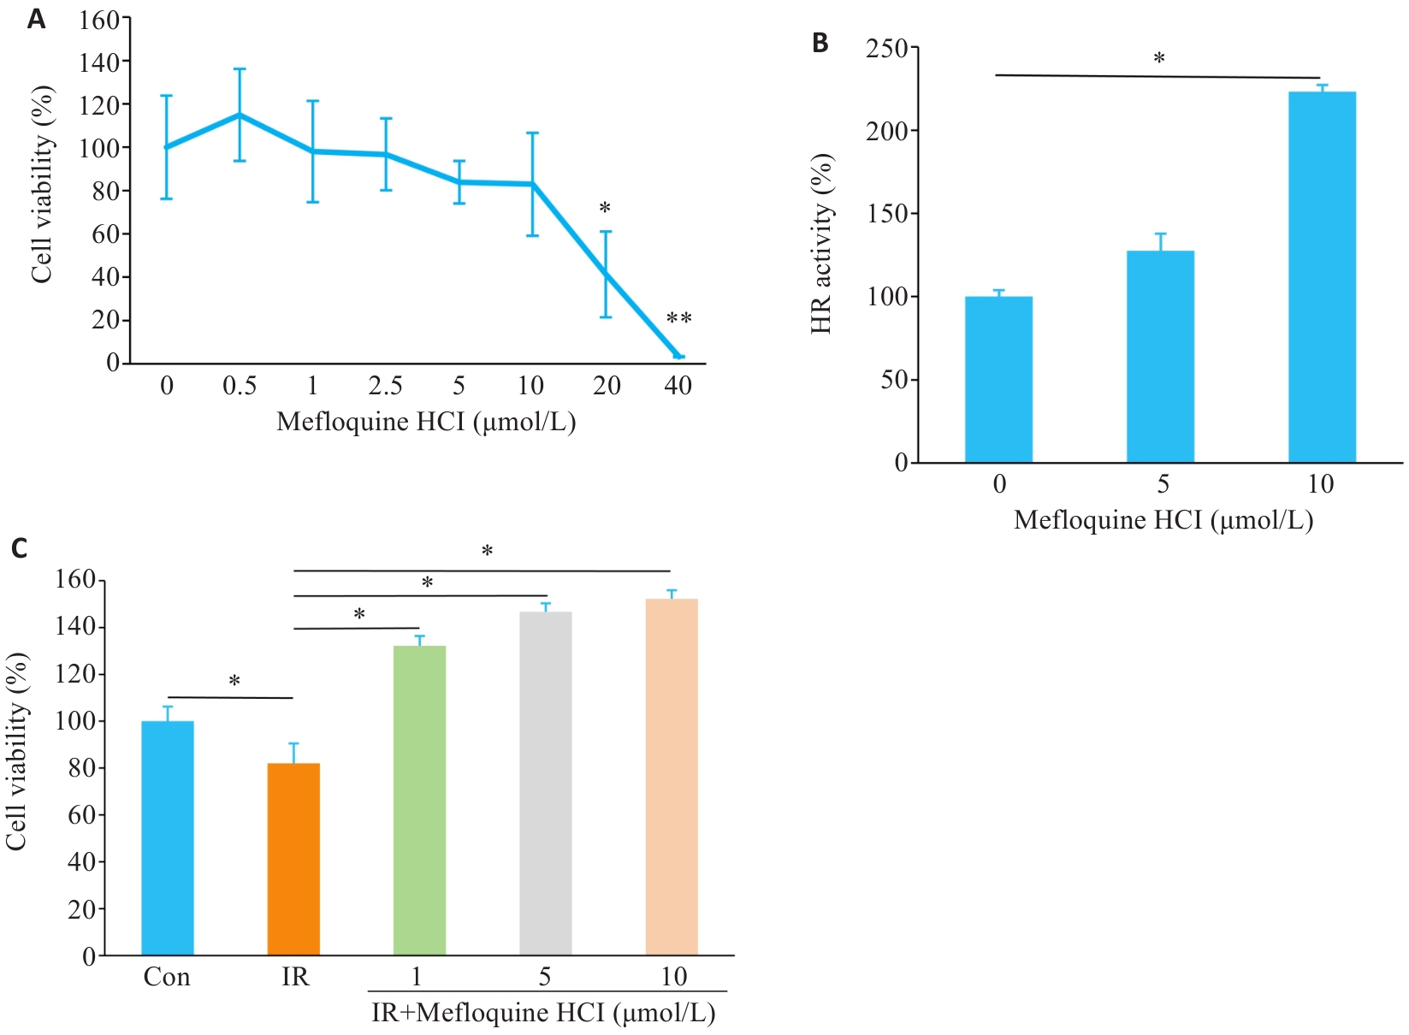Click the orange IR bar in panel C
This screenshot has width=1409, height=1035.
point(293,859)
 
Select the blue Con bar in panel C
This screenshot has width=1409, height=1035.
point(168,838)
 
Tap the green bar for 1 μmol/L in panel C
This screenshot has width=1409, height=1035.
point(419,800)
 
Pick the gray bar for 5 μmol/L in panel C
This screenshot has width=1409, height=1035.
point(545,784)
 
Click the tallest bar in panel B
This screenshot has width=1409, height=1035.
point(1322,277)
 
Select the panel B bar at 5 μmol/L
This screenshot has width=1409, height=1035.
point(1160,357)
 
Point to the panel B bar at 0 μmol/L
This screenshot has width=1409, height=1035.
point(998,380)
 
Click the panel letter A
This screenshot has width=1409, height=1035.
point(36,19)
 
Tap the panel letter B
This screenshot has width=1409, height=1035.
point(820,43)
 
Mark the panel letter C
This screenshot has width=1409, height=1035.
point(19,547)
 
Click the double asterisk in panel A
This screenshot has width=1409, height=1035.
point(678,319)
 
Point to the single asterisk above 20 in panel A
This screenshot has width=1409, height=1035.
point(605,208)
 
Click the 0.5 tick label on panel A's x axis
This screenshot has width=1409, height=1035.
point(240,386)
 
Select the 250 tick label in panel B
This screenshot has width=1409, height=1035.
point(886,49)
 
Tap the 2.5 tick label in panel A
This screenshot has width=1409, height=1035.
point(385,386)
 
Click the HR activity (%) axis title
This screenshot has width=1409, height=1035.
point(821,244)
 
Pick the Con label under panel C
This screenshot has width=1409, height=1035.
point(167,977)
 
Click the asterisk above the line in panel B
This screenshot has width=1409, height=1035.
point(1159,59)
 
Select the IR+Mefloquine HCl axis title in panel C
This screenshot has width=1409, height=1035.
point(543,1013)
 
